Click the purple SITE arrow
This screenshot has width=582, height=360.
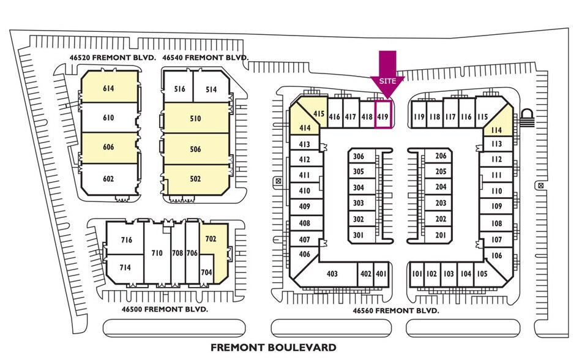pos(387,74)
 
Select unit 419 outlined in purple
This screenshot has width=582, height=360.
pos(382,114)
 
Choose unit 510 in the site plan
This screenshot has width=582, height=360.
pos(196,118)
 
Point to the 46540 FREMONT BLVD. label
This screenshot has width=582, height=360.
pos(205,58)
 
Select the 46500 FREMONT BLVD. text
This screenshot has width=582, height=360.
pos(165,309)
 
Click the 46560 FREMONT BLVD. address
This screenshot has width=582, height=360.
pos(396,310)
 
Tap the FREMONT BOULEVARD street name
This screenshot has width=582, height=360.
pos(274,348)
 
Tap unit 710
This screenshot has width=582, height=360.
pos(157,252)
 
